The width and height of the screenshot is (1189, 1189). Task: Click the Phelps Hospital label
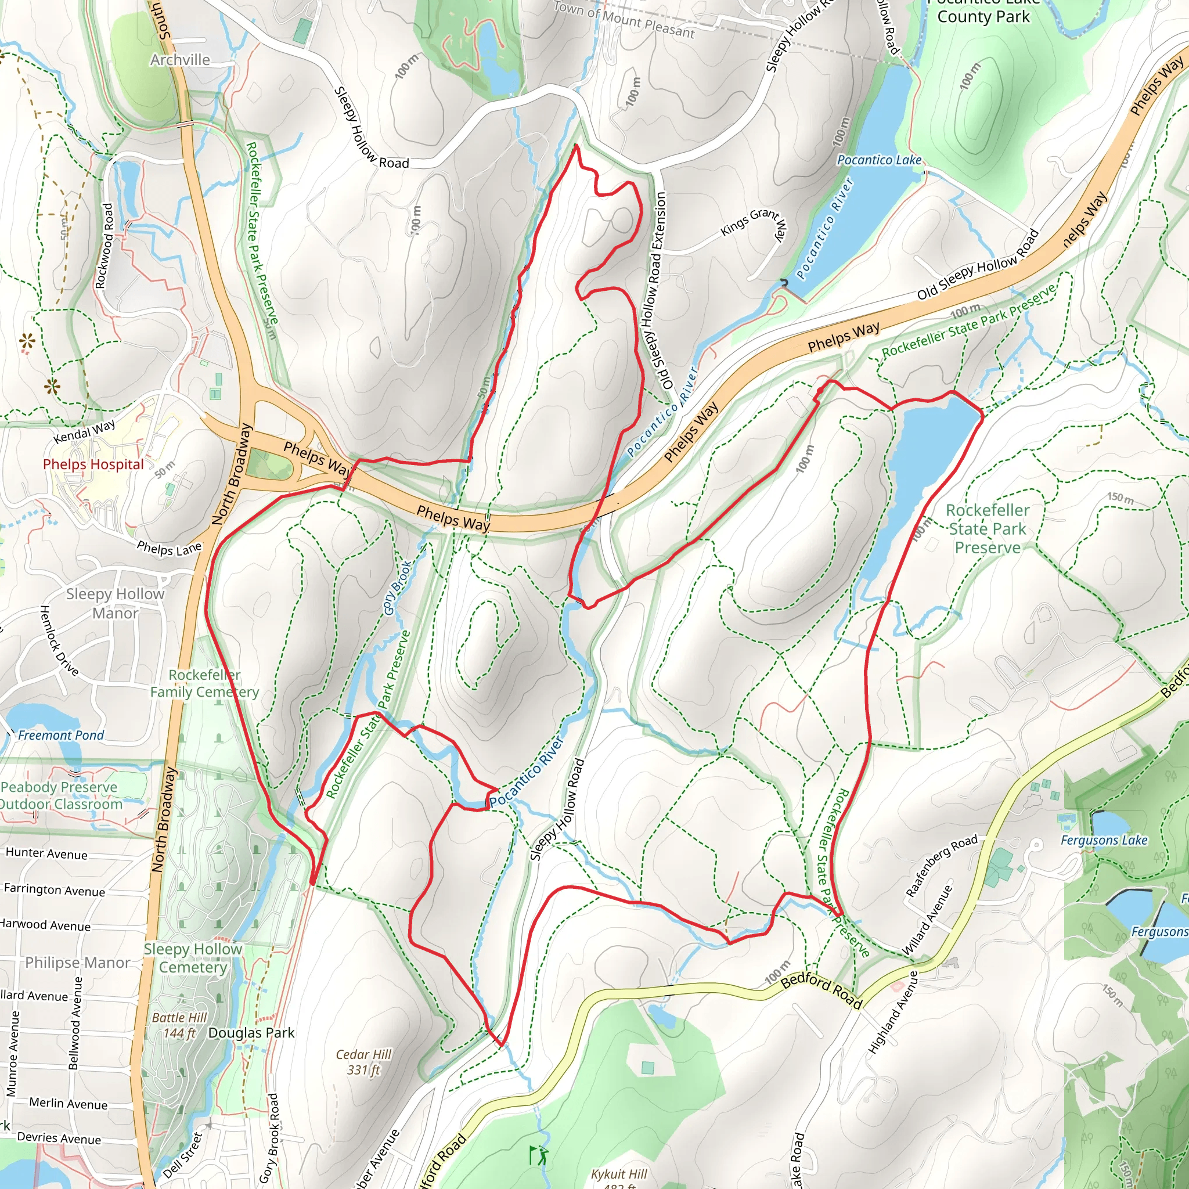click(93, 464)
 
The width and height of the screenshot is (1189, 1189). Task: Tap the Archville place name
click(180, 60)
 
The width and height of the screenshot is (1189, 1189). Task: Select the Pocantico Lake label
click(879, 160)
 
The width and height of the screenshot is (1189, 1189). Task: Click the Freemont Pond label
click(60, 735)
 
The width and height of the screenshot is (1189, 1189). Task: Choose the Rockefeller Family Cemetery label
click(204, 683)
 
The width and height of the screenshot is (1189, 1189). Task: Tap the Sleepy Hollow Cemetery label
click(193, 957)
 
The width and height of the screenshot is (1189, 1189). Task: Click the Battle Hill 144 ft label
click(179, 1025)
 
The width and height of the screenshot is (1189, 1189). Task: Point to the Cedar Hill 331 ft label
click(363, 1062)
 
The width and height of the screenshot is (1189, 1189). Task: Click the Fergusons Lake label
click(1104, 840)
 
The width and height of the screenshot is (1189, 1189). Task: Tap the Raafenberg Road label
click(941, 866)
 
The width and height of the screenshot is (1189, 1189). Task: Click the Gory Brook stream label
click(397, 588)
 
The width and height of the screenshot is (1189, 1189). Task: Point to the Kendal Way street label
click(84, 431)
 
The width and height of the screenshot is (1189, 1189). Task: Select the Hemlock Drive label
click(59, 640)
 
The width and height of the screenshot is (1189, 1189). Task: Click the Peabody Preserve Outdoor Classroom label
click(60, 795)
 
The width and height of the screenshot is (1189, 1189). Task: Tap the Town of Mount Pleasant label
click(624, 20)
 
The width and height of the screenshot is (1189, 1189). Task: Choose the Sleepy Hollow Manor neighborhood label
click(115, 603)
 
